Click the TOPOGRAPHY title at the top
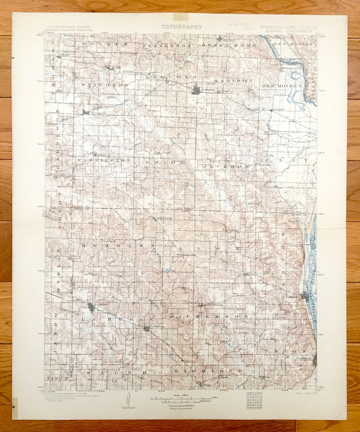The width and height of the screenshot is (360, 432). (x=181, y=27)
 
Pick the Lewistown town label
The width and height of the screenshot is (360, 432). (x=155, y=326)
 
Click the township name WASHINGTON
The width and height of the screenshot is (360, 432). (x=103, y=160)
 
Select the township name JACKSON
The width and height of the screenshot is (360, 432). (x=227, y=166)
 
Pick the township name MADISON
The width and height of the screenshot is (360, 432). (x=233, y=80)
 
